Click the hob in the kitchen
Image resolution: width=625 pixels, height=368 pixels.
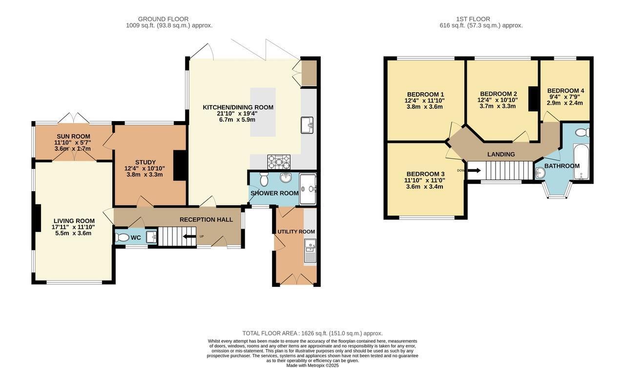[x=279, y=162]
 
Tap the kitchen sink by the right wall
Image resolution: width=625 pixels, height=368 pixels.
[x=308, y=125]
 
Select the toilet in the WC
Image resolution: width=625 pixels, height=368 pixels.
[x=122, y=238]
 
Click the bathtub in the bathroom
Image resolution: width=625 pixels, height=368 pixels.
[x=581, y=162]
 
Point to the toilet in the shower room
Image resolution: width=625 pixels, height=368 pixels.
[x=264, y=179]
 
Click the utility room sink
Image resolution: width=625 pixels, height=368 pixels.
[x=310, y=250]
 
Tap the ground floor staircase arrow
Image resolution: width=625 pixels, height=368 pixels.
[x=189, y=237]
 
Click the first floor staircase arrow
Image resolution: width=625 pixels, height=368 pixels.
[x=474, y=170]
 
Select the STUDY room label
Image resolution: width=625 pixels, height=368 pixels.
[x=146, y=162]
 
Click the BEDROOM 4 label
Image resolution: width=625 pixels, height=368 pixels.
[x=565, y=91]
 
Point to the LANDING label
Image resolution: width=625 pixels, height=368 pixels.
[x=501, y=154]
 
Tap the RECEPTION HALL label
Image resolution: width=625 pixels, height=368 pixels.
[x=206, y=220]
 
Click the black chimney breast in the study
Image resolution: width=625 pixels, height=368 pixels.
[x=180, y=165]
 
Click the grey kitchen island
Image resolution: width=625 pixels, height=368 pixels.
[x=263, y=112]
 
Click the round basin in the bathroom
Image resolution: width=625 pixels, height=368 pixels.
[x=540, y=173]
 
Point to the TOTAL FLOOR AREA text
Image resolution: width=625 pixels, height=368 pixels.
[x=312, y=333]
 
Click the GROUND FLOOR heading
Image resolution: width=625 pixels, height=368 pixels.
[x=163, y=19]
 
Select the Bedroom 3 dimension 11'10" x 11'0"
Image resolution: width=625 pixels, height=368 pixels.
[x=425, y=181]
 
